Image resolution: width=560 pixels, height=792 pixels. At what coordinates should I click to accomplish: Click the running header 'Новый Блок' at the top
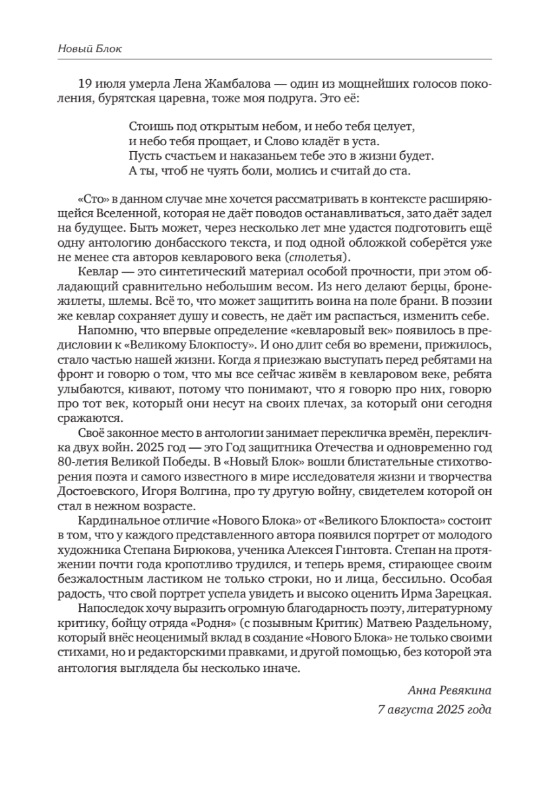tap(86, 49)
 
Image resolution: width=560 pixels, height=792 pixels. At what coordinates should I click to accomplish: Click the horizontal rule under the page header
tap(280, 61)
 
